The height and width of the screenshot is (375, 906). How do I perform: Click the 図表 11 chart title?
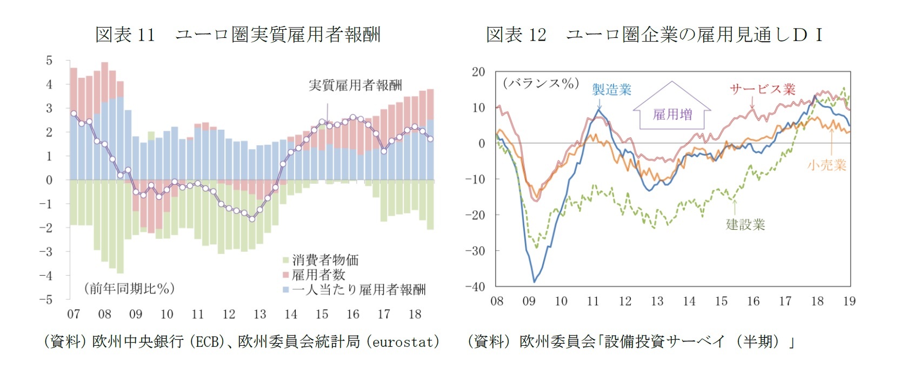tap(238, 35)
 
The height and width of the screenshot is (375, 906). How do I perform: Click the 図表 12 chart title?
tap(654, 35)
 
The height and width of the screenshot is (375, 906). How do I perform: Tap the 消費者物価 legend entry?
tap(325, 260)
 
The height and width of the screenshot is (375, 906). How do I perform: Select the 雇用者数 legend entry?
tap(318, 274)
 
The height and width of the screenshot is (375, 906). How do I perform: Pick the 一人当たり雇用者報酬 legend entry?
tap(358, 290)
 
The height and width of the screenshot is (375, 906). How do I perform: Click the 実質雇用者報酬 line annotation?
tap(355, 85)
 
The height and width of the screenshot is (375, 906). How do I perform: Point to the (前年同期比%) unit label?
tap(129, 288)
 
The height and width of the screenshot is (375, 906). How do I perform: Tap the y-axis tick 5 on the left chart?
tap(49, 61)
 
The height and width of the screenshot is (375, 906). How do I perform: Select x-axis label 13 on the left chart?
tap(260, 314)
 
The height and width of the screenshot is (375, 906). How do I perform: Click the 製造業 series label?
tap(611, 89)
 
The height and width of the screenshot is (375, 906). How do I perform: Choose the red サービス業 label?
tap(762, 89)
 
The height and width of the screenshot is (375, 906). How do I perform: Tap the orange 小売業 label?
tap(827, 165)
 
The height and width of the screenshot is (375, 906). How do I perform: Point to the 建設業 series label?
tap(745, 225)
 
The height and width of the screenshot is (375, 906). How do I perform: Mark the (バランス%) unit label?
tap(541, 84)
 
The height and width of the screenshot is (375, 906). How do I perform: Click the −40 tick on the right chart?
tap(475, 286)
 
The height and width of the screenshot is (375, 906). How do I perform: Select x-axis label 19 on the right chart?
tap(849, 301)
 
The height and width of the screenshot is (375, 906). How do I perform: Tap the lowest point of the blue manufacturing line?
tap(534, 282)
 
